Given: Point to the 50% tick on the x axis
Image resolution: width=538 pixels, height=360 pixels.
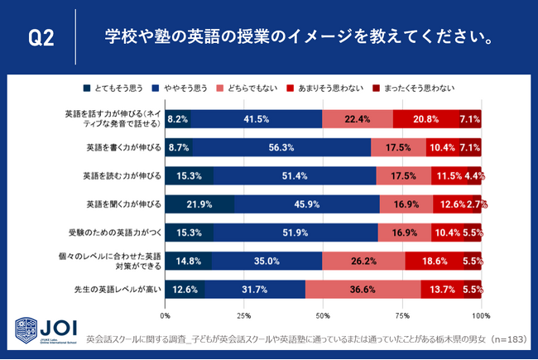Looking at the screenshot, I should tap(323, 316).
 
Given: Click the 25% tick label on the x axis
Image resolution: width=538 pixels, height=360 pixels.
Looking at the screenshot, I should tap(244, 316).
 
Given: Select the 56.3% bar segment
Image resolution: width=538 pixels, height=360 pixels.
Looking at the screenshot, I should tap(281, 148).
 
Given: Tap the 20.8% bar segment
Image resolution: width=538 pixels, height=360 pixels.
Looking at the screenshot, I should tap(425, 119).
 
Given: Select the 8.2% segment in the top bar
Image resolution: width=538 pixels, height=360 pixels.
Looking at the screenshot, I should tap(178, 119).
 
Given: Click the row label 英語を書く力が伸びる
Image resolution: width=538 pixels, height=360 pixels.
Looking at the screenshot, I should tap(121, 148).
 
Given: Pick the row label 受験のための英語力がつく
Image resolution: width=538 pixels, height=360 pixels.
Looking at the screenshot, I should tap(116, 233).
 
